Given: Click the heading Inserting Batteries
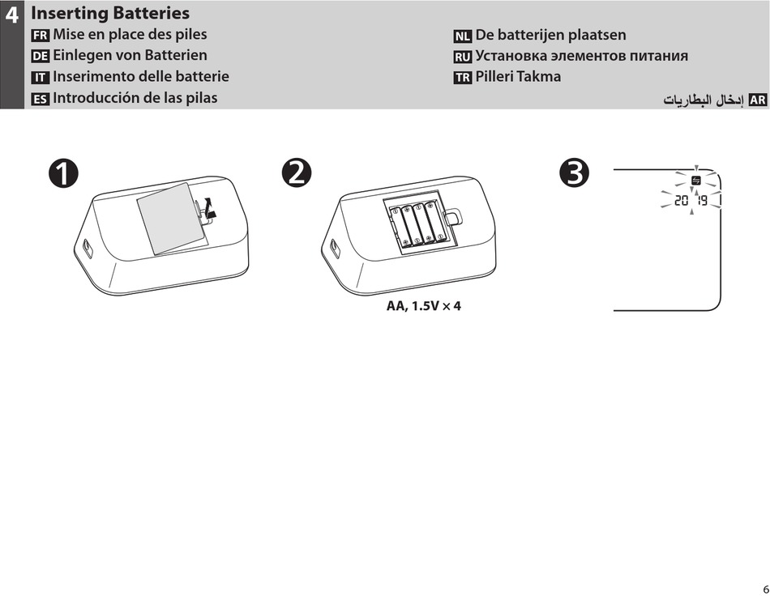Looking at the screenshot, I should (x=110, y=13).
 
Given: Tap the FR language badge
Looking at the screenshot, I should (x=40, y=36).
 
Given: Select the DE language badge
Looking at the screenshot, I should (x=40, y=57).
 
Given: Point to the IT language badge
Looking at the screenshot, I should (x=40, y=78).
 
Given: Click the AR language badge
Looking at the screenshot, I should (x=758, y=100).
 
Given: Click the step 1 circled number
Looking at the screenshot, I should (x=62, y=174).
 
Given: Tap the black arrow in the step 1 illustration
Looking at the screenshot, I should (x=211, y=210).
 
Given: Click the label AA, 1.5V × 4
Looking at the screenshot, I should (x=429, y=308).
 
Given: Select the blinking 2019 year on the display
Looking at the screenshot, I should (x=691, y=200).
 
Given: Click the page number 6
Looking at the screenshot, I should (x=763, y=589).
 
